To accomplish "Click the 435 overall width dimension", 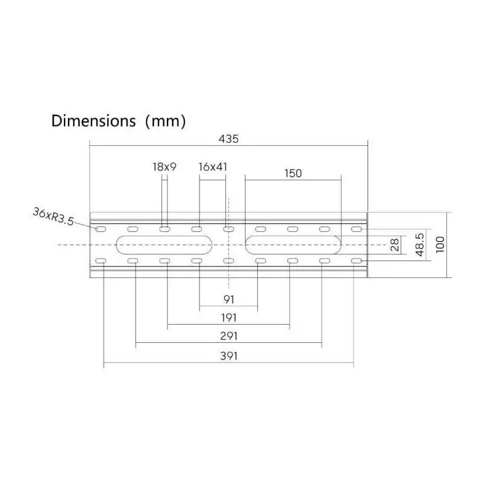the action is pos(228,139).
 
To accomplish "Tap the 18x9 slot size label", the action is pos(164,167).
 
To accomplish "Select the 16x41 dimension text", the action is pos(213,167).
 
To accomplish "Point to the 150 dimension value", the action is pos(293,174).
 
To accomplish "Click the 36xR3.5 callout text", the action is pos(54,216).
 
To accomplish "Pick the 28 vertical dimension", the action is pos(395,245).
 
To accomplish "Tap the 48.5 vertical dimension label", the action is pos(420,245).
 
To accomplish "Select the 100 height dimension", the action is pos(440,245).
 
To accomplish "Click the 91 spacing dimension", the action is pos(229,299).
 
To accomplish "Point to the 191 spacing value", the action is pos(229,318).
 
